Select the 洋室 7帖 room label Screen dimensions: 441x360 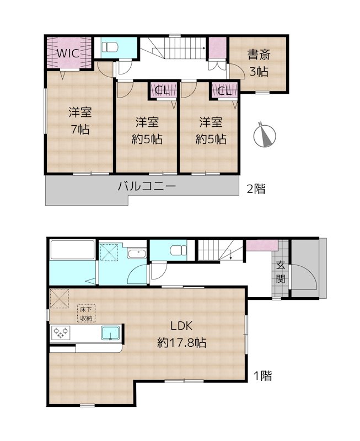(x=79, y=121)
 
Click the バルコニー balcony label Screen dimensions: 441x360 (x=147, y=187)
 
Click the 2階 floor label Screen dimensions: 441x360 (x=255, y=189)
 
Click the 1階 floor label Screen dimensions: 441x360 (x=262, y=377)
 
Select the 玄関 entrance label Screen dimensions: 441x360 (x=281, y=271)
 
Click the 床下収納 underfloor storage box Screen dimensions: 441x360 (x=86, y=314)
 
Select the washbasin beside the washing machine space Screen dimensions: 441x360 (x=135, y=254)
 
